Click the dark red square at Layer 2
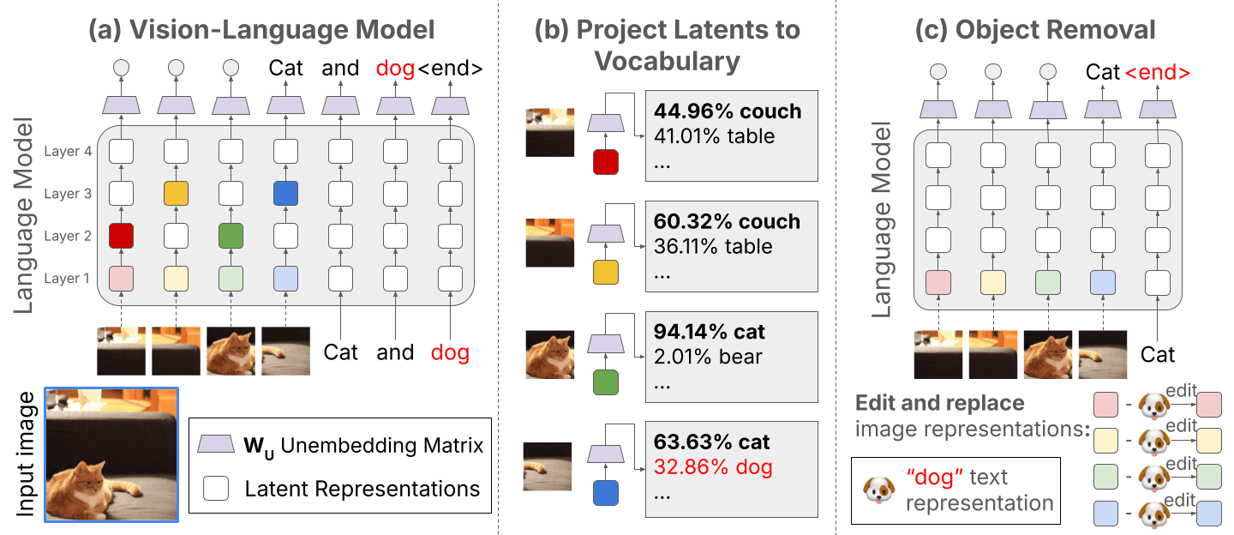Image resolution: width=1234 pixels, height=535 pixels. click(121, 236)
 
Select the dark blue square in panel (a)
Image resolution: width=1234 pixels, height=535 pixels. click(285, 194)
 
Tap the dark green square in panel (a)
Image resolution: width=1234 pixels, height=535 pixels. click(231, 236)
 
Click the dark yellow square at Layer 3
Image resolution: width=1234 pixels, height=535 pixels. click(176, 194)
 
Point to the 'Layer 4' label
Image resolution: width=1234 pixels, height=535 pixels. click(68, 153)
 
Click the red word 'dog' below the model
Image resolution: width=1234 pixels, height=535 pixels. click(450, 352)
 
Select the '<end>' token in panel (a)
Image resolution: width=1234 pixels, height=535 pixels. click(451, 69)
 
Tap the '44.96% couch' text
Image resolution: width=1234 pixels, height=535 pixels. click(728, 111)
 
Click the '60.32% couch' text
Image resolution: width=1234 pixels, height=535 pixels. click(727, 222)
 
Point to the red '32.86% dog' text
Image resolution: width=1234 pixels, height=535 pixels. click(713, 467)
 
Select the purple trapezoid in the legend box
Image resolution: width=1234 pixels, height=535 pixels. click(216, 444)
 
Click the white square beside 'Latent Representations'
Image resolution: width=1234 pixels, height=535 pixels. click(216, 489)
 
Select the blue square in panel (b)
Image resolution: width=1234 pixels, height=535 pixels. click(605, 491)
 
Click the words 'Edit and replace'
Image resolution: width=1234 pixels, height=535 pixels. click(940, 402)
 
